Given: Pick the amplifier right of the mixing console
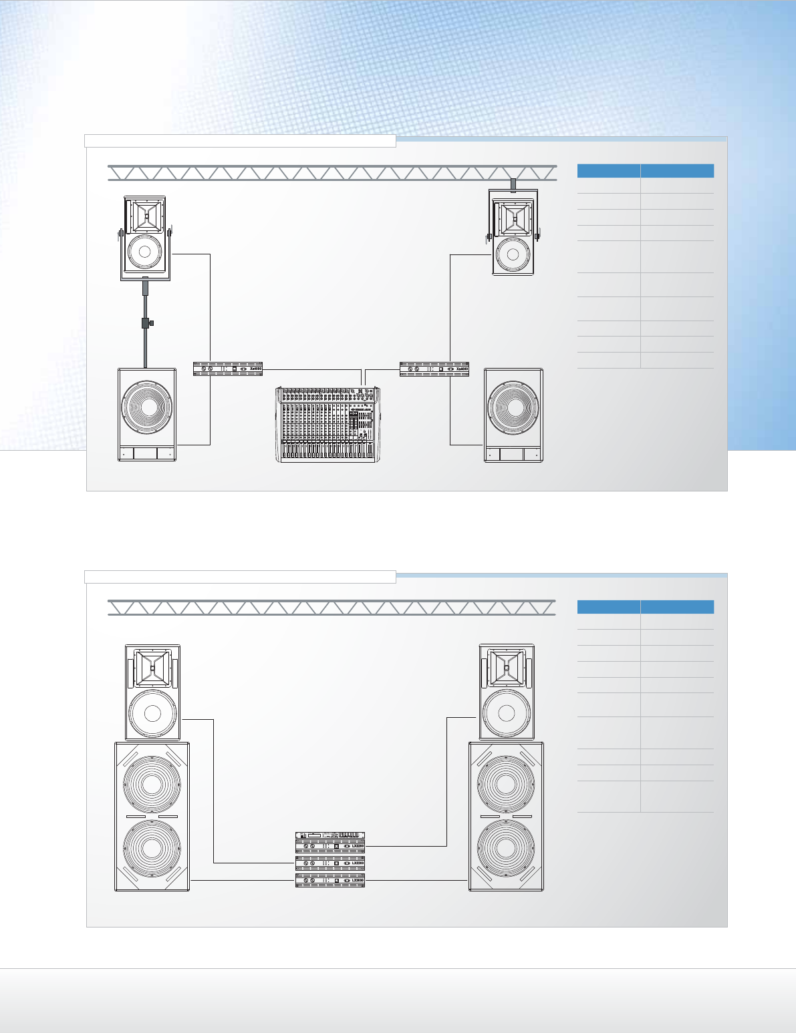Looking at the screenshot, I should coord(434,369).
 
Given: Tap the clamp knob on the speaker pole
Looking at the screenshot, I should coord(151,323).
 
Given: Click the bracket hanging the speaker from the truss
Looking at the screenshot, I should coord(513,184).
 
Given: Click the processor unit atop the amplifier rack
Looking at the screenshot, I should coord(330,835).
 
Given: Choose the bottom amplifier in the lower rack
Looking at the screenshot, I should coord(330,881).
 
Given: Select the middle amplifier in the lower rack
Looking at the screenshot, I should coord(330,863).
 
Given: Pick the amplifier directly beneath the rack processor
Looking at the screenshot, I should coord(330,847).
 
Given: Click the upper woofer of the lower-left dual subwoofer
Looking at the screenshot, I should coord(152,784).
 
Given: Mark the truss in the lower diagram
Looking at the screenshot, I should coord(331,607).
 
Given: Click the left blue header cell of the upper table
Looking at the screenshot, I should coord(608,171).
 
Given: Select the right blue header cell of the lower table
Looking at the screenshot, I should coord(677,607).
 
